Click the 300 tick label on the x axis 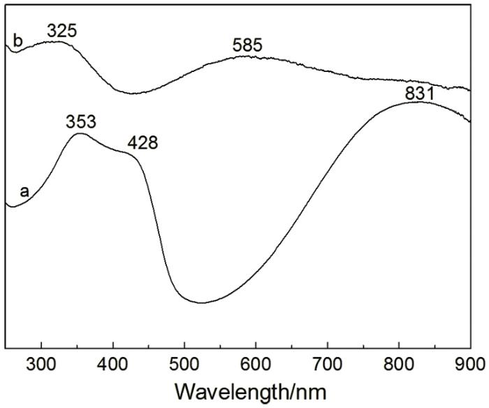click(x=41, y=364)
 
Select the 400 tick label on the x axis click(x=112, y=364)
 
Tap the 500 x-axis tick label click(x=184, y=364)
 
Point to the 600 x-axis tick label click(x=256, y=364)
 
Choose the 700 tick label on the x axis click(x=328, y=364)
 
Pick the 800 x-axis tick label click(x=399, y=364)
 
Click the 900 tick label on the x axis click(x=471, y=364)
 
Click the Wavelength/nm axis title click(x=251, y=392)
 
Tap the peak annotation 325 click(x=61, y=31)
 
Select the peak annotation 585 click(x=247, y=45)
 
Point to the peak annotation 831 click(x=419, y=94)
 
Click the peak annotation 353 click(x=81, y=122)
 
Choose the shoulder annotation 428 click(x=143, y=143)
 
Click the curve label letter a click(x=24, y=191)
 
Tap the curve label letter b click(x=18, y=41)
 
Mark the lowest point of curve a click(x=202, y=303)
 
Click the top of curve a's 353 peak click(x=80, y=133)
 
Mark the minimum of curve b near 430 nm click(x=133, y=93)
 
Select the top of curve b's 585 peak click(x=247, y=56)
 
